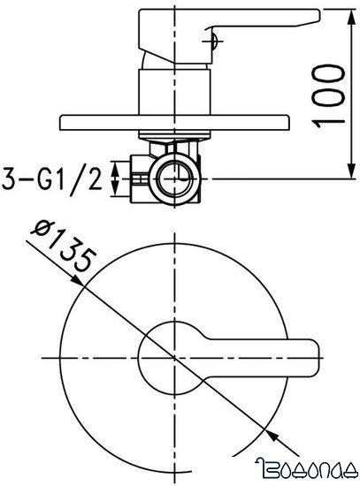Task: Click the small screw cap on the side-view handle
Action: (211, 37)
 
